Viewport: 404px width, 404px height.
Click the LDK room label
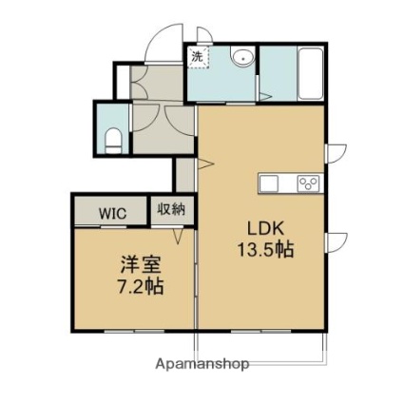pyautogui.click(x=265, y=228)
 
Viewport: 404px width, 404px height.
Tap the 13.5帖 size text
pyautogui.click(x=265, y=249)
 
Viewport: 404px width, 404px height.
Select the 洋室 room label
pyautogui.click(x=141, y=265)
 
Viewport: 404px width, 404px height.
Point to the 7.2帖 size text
pyautogui.click(x=141, y=286)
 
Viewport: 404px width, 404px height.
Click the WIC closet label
pyautogui.click(x=113, y=213)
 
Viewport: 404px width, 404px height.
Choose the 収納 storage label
pyautogui.click(x=171, y=209)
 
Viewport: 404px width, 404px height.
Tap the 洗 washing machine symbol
pyautogui.click(x=199, y=57)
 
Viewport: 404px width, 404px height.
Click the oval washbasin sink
pyautogui.click(x=243, y=58)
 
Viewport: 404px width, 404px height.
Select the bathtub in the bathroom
pyautogui.click(x=311, y=73)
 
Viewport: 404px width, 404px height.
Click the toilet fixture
pyautogui.click(x=113, y=141)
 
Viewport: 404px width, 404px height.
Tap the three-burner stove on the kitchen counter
pyautogui.click(x=308, y=183)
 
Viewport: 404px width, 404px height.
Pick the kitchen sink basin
pyautogui.click(x=269, y=183)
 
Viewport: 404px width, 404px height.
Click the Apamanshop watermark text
pyautogui.click(x=202, y=364)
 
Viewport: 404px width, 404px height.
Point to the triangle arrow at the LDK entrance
pyautogui.click(x=205, y=164)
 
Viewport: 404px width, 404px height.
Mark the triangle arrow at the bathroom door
pyautogui.click(x=265, y=96)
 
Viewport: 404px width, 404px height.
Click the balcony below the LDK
pyautogui.click(x=260, y=347)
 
